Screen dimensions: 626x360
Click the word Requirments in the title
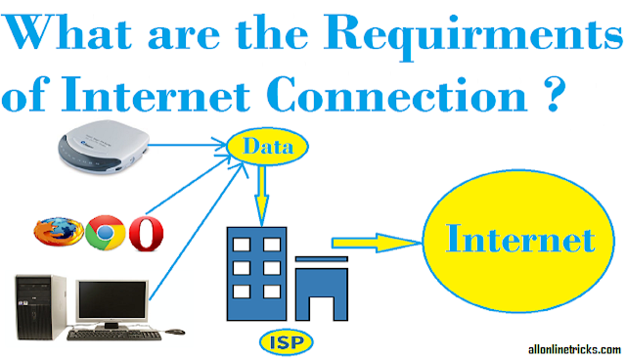[x=472, y=36]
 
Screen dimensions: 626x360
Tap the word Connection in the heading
[x=397, y=94]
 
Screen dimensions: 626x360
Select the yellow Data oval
[x=267, y=147]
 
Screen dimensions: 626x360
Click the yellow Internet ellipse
[x=518, y=241]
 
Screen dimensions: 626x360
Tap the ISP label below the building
[x=287, y=342]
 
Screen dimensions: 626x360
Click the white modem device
[x=104, y=146]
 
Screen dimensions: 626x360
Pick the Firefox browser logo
[x=59, y=232]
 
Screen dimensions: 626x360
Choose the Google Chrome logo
[x=106, y=233]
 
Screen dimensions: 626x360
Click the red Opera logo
[x=146, y=234]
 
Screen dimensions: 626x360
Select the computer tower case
[x=40, y=306]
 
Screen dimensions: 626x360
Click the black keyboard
[x=114, y=335]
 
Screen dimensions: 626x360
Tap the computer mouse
[x=175, y=332]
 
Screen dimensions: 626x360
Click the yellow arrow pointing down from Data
[x=262, y=197]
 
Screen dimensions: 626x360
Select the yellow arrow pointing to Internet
[x=377, y=242]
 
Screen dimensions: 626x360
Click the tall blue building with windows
[x=256, y=274]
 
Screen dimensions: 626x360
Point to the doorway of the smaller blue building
[x=321, y=308]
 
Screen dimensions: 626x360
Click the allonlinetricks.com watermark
[x=574, y=349]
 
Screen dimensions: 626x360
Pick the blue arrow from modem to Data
[x=188, y=145]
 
